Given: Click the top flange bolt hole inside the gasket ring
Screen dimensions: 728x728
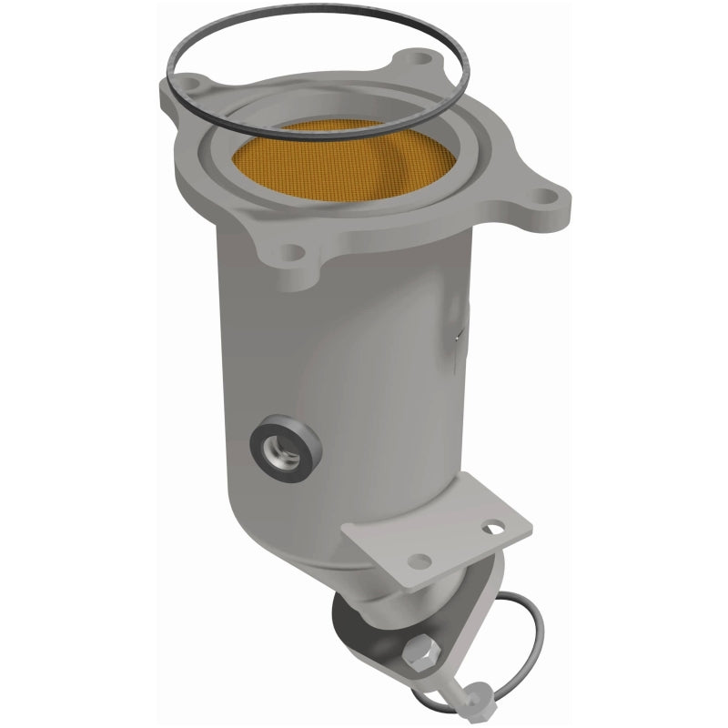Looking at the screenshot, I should click(420, 60).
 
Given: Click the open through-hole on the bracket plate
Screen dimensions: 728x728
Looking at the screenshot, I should click(491, 526).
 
